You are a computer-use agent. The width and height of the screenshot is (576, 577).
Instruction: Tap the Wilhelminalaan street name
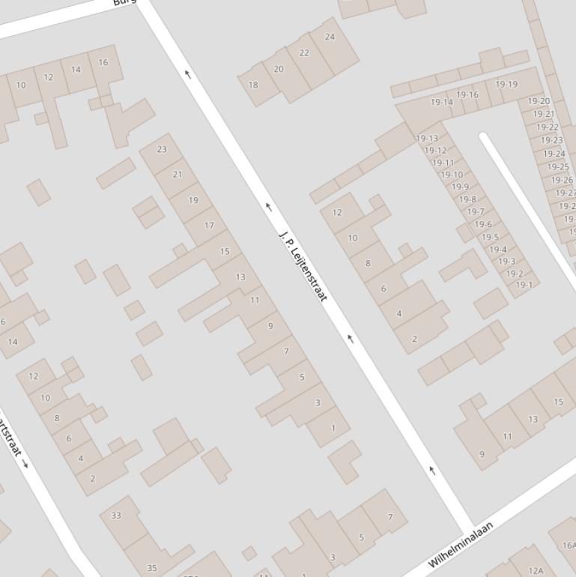[x=461, y=545]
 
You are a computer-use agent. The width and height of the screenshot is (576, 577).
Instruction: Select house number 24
[x=330, y=37]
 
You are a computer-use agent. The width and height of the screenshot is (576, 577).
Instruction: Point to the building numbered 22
[x=304, y=53]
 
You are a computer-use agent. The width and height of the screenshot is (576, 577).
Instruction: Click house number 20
[x=279, y=69]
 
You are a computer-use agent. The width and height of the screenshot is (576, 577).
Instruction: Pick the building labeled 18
[x=253, y=85]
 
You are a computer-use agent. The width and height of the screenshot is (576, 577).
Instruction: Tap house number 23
[x=162, y=149]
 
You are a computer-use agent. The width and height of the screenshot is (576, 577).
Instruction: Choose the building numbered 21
[x=178, y=175]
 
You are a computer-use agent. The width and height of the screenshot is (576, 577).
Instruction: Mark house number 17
[x=209, y=225]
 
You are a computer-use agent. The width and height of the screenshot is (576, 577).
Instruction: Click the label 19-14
[x=442, y=102]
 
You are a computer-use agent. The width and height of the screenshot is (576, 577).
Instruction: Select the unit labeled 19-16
[x=467, y=95]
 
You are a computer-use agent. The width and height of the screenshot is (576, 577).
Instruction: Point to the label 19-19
[x=506, y=85]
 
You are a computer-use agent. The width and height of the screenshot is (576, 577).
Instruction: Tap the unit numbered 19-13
[x=427, y=139]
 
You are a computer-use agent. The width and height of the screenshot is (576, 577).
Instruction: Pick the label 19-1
[x=524, y=285]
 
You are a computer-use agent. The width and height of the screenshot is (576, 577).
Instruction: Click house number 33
[x=115, y=516]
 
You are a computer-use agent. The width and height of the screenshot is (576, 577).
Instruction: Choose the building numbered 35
[x=152, y=568]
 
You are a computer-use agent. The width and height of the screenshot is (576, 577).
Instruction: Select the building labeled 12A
[x=536, y=571]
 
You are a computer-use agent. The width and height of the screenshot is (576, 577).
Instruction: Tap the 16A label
[x=569, y=546]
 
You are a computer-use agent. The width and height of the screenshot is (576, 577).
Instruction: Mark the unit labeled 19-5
[x=490, y=238]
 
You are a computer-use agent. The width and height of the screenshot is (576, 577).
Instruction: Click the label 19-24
[x=554, y=154]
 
